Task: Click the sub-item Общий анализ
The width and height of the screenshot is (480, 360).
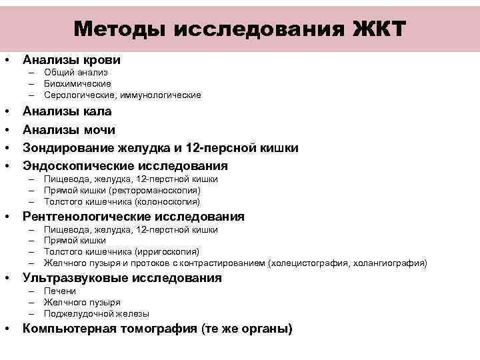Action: coord(75,72)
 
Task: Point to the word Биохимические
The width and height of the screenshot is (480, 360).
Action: coord(77,83)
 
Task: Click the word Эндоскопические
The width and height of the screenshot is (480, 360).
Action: coord(80,165)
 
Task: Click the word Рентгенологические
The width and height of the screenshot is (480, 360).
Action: coord(87,217)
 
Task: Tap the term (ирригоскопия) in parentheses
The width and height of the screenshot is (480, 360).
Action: coord(167,251)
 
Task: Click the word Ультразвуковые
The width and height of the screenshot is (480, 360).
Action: coord(72,278)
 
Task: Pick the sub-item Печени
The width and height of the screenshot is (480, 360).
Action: coord(60,291)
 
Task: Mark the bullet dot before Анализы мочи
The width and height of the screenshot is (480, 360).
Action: coord(7,129)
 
